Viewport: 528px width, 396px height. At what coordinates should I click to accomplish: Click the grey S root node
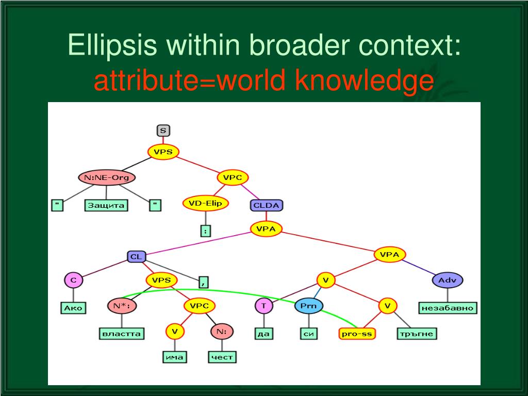point(163,130)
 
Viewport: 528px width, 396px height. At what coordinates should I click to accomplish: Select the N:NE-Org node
point(107,178)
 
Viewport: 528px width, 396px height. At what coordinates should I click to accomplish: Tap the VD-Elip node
point(205,203)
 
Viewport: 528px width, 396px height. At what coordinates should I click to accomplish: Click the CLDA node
point(267,206)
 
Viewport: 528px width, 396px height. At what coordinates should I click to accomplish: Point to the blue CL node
point(137,256)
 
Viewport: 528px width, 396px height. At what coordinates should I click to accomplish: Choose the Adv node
point(447,280)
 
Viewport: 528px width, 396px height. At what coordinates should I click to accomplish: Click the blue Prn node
point(309,306)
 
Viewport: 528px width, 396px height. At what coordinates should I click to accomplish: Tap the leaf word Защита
point(107,205)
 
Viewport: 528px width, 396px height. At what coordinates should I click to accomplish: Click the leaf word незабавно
point(447,308)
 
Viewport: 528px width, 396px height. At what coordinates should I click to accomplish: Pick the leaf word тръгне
point(417,334)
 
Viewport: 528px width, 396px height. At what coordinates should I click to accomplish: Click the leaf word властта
point(121,334)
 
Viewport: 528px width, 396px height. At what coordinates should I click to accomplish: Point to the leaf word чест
point(222,357)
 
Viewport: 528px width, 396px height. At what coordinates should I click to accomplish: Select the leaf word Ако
point(73,308)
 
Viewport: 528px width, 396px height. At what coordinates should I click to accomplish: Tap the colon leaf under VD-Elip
point(205,231)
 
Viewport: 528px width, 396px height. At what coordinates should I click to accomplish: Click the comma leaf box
point(204,282)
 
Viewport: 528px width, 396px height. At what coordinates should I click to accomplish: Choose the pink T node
point(263,306)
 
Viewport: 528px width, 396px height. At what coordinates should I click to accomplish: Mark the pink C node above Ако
point(73,280)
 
